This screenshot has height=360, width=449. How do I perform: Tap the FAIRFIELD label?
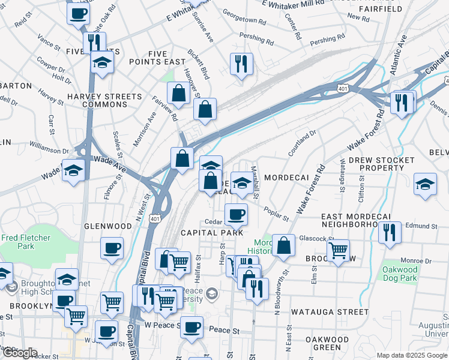tap(381, 9)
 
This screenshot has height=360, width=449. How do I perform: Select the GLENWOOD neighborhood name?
tap(108, 226)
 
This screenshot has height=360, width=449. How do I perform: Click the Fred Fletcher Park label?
tap(25, 242)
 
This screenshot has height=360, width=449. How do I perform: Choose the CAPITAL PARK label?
tap(212, 232)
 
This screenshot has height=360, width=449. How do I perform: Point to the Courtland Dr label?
tap(301, 143)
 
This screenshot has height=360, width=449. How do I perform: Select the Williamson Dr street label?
tap(49, 149)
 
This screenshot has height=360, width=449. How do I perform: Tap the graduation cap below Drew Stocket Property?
tap(426, 185)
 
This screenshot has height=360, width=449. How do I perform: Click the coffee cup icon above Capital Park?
tap(236, 214)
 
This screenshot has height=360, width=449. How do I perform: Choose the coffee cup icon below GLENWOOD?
tap(111, 248)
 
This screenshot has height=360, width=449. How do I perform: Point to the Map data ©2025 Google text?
tap(411, 355)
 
